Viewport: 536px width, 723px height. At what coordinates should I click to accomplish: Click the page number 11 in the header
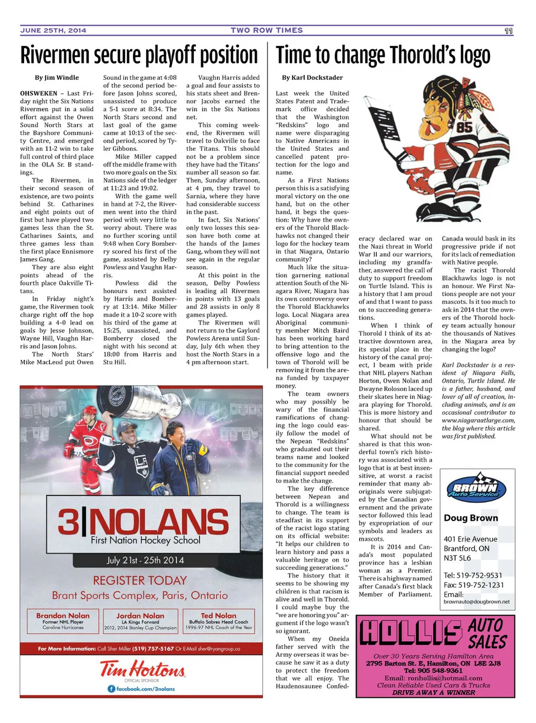[508, 31]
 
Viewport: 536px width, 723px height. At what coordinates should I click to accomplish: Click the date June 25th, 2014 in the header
[53, 30]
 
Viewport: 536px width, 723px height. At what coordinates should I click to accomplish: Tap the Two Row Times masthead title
[267, 30]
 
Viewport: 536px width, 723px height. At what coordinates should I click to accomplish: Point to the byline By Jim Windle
[57, 78]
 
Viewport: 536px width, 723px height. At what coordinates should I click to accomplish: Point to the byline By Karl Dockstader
[312, 78]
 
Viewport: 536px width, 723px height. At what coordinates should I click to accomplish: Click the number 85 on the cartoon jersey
[464, 127]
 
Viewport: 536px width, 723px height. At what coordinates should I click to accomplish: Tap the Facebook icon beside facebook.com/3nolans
[111, 689]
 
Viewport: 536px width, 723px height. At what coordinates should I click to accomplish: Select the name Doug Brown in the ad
[471, 518]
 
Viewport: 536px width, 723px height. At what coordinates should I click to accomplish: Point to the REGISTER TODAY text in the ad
[140, 581]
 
